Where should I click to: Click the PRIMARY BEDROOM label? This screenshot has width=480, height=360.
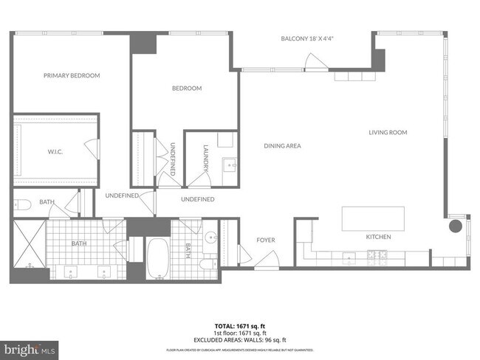[72, 75]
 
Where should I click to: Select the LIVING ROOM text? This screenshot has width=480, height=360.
[388, 133]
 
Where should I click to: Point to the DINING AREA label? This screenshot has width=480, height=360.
[282, 146]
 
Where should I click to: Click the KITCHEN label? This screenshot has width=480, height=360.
[379, 237]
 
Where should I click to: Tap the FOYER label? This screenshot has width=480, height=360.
[266, 240]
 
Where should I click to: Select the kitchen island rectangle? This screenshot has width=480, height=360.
[373, 219]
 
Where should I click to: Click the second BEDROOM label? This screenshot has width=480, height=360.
[187, 89]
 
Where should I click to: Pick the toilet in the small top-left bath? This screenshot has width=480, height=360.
[20, 204]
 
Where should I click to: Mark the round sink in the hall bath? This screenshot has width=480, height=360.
[210, 238]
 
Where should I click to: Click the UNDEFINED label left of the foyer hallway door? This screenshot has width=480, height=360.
[123, 195]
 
